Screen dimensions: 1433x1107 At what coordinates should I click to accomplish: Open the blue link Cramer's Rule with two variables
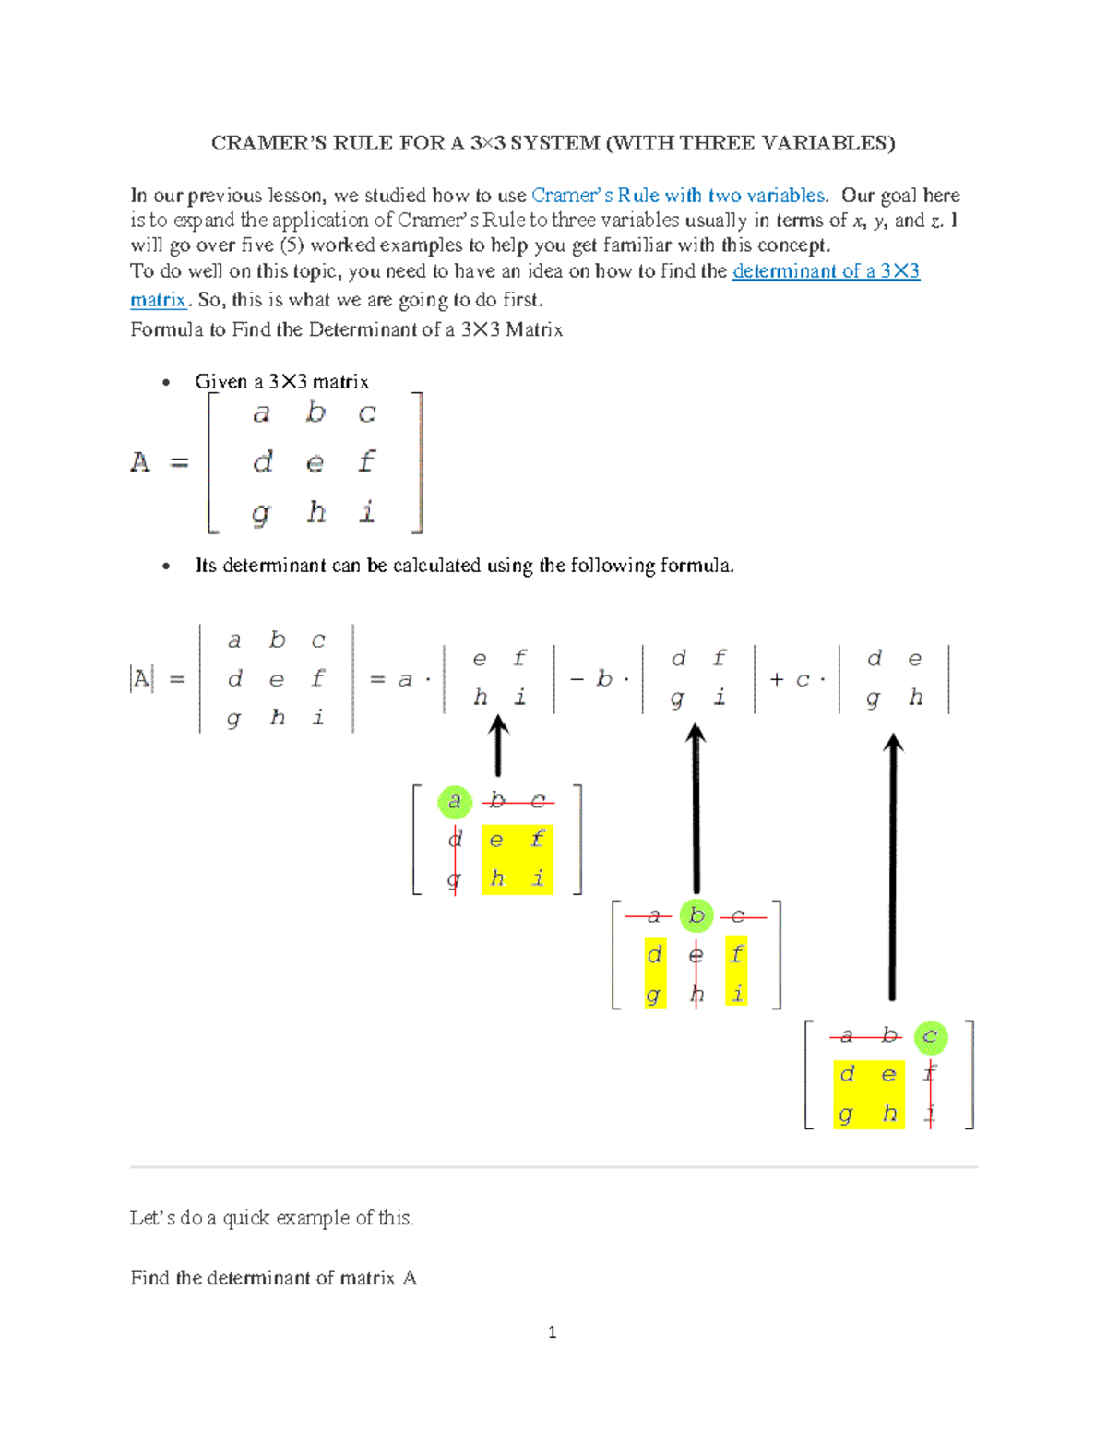click(x=678, y=196)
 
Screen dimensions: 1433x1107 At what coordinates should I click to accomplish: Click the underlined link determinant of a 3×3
click(x=826, y=271)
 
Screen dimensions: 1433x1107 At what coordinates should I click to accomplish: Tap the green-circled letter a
click(x=454, y=801)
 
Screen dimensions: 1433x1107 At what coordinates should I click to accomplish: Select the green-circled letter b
click(x=696, y=915)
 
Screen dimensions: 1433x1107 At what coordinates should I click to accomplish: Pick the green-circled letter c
click(x=930, y=1036)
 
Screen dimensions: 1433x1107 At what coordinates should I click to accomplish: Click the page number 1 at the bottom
click(x=552, y=1331)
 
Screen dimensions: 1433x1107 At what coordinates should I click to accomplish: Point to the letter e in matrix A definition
click(x=315, y=461)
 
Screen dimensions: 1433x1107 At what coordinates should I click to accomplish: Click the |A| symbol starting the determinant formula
click(x=141, y=680)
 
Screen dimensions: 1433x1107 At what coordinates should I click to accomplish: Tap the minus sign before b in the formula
click(x=577, y=680)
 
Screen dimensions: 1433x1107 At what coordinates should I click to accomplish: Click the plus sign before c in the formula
click(x=777, y=680)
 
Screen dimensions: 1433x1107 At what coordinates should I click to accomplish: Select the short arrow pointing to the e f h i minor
click(x=498, y=747)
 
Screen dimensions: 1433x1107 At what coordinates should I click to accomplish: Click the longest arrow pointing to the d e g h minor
click(x=892, y=867)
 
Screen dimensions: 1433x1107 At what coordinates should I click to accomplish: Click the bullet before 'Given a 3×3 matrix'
click(x=166, y=382)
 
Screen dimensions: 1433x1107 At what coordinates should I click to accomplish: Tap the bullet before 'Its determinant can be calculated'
click(x=166, y=566)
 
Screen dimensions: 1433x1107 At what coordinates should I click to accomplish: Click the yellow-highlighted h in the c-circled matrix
click(x=889, y=1114)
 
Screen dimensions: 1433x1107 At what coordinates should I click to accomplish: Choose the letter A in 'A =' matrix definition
click(x=140, y=461)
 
